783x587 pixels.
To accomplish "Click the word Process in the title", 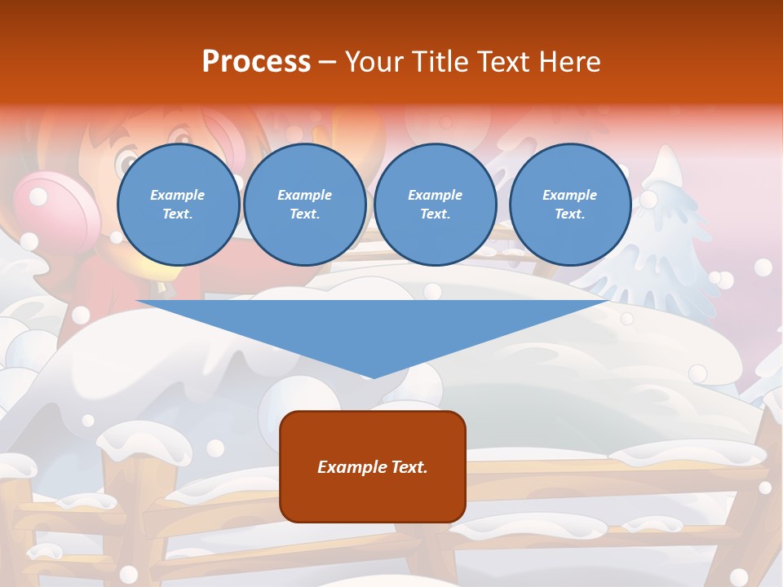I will pos(256,61).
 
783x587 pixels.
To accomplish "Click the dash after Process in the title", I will pos(327,62).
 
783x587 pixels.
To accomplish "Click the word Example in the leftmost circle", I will pos(178,195).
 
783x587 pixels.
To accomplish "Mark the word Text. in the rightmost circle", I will pos(569,214).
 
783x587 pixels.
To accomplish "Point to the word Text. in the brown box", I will pos(409,467).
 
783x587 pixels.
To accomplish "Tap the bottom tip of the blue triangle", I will pos(373,376).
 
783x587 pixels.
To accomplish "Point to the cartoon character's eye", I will pos(126,163).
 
